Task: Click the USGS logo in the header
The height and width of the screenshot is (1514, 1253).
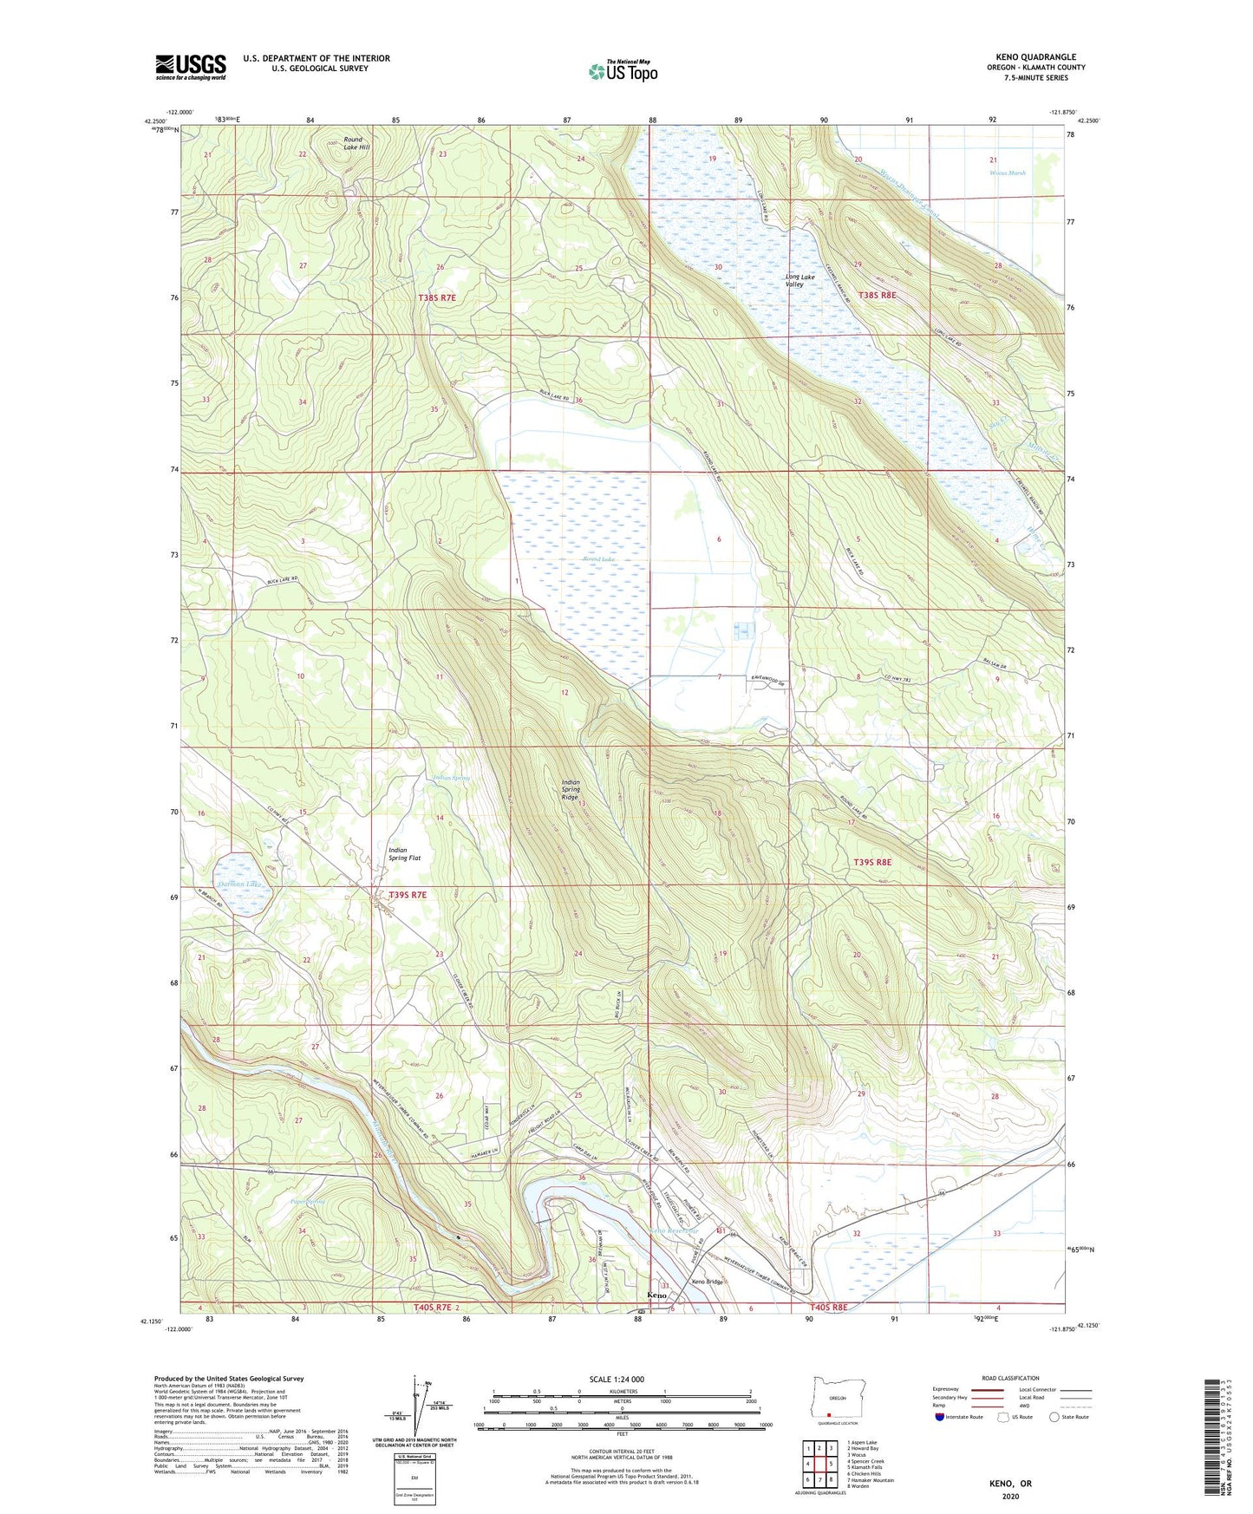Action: [191, 67]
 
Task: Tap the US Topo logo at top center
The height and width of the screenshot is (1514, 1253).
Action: [623, 71]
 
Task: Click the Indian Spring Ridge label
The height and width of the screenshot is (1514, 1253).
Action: [571, 789]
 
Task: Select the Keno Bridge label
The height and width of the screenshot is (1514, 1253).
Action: [707, 1282]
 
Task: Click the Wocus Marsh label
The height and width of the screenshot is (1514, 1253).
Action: [1008, 173]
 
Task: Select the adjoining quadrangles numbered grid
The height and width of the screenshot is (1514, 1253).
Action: [819, 1466]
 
